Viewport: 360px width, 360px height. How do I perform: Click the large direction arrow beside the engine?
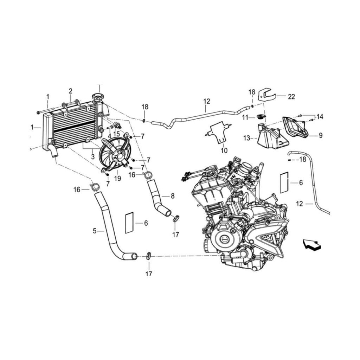[311, 245]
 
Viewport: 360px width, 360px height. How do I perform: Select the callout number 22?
[291, 97]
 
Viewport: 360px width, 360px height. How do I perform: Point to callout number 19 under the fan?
[117, 179]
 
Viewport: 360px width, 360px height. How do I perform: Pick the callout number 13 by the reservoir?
[246, 139]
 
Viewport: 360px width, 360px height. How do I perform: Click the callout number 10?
[224, 150]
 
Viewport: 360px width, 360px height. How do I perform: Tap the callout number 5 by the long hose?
[94, 231]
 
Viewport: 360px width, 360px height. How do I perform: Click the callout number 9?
[321, 135]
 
